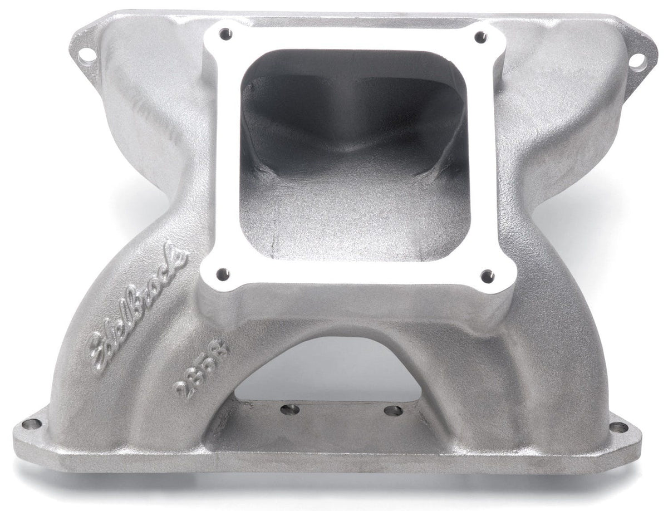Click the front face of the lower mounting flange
334,456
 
